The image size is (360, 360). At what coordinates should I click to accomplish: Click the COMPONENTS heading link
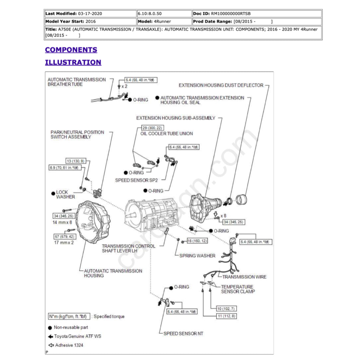tap(71, 50)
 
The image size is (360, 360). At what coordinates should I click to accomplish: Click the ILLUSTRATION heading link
tap(73, 63)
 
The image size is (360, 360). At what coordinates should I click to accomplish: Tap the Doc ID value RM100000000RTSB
tap(231, 14)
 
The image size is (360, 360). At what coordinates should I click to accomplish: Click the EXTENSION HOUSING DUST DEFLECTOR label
tap(221, 85)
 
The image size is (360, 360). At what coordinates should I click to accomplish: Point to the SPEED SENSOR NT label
tap(183, 333)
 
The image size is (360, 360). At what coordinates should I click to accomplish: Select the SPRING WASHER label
tap(197, 256)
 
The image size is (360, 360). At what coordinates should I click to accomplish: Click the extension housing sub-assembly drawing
tap(205, 206)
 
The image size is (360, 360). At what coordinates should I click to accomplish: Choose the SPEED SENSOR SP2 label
tap(136, 180)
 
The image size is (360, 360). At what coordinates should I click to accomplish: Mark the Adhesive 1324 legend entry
tap(69, 345)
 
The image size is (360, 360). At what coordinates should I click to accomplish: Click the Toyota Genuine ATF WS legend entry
tap(77, 336)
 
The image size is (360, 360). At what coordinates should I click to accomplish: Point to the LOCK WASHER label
tap(65, 194)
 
